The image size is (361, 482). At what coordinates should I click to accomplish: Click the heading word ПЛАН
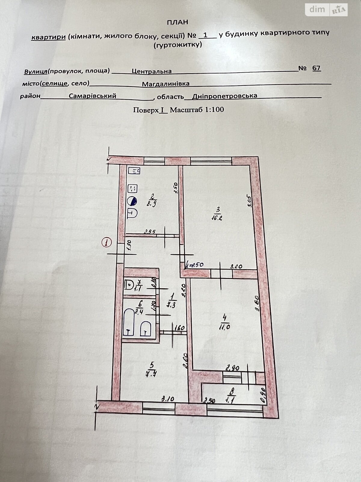tap(177, 22)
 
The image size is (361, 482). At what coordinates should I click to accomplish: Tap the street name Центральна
tap(152, 71)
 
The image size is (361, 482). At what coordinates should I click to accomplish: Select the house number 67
tap(316, 68)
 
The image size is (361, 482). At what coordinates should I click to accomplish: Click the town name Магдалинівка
tap(166, 84)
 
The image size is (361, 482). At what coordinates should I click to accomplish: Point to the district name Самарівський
tap(92, 96)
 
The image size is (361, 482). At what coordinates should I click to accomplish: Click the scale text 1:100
tap(214, 109)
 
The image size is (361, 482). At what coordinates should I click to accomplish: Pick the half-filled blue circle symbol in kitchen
tap(133, 200)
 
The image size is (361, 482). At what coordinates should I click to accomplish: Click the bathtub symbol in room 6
tap(128, 324)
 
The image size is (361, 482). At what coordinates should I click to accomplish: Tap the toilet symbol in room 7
tap(130, 285)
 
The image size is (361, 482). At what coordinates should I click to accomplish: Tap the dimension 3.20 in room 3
tap(236, 266)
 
